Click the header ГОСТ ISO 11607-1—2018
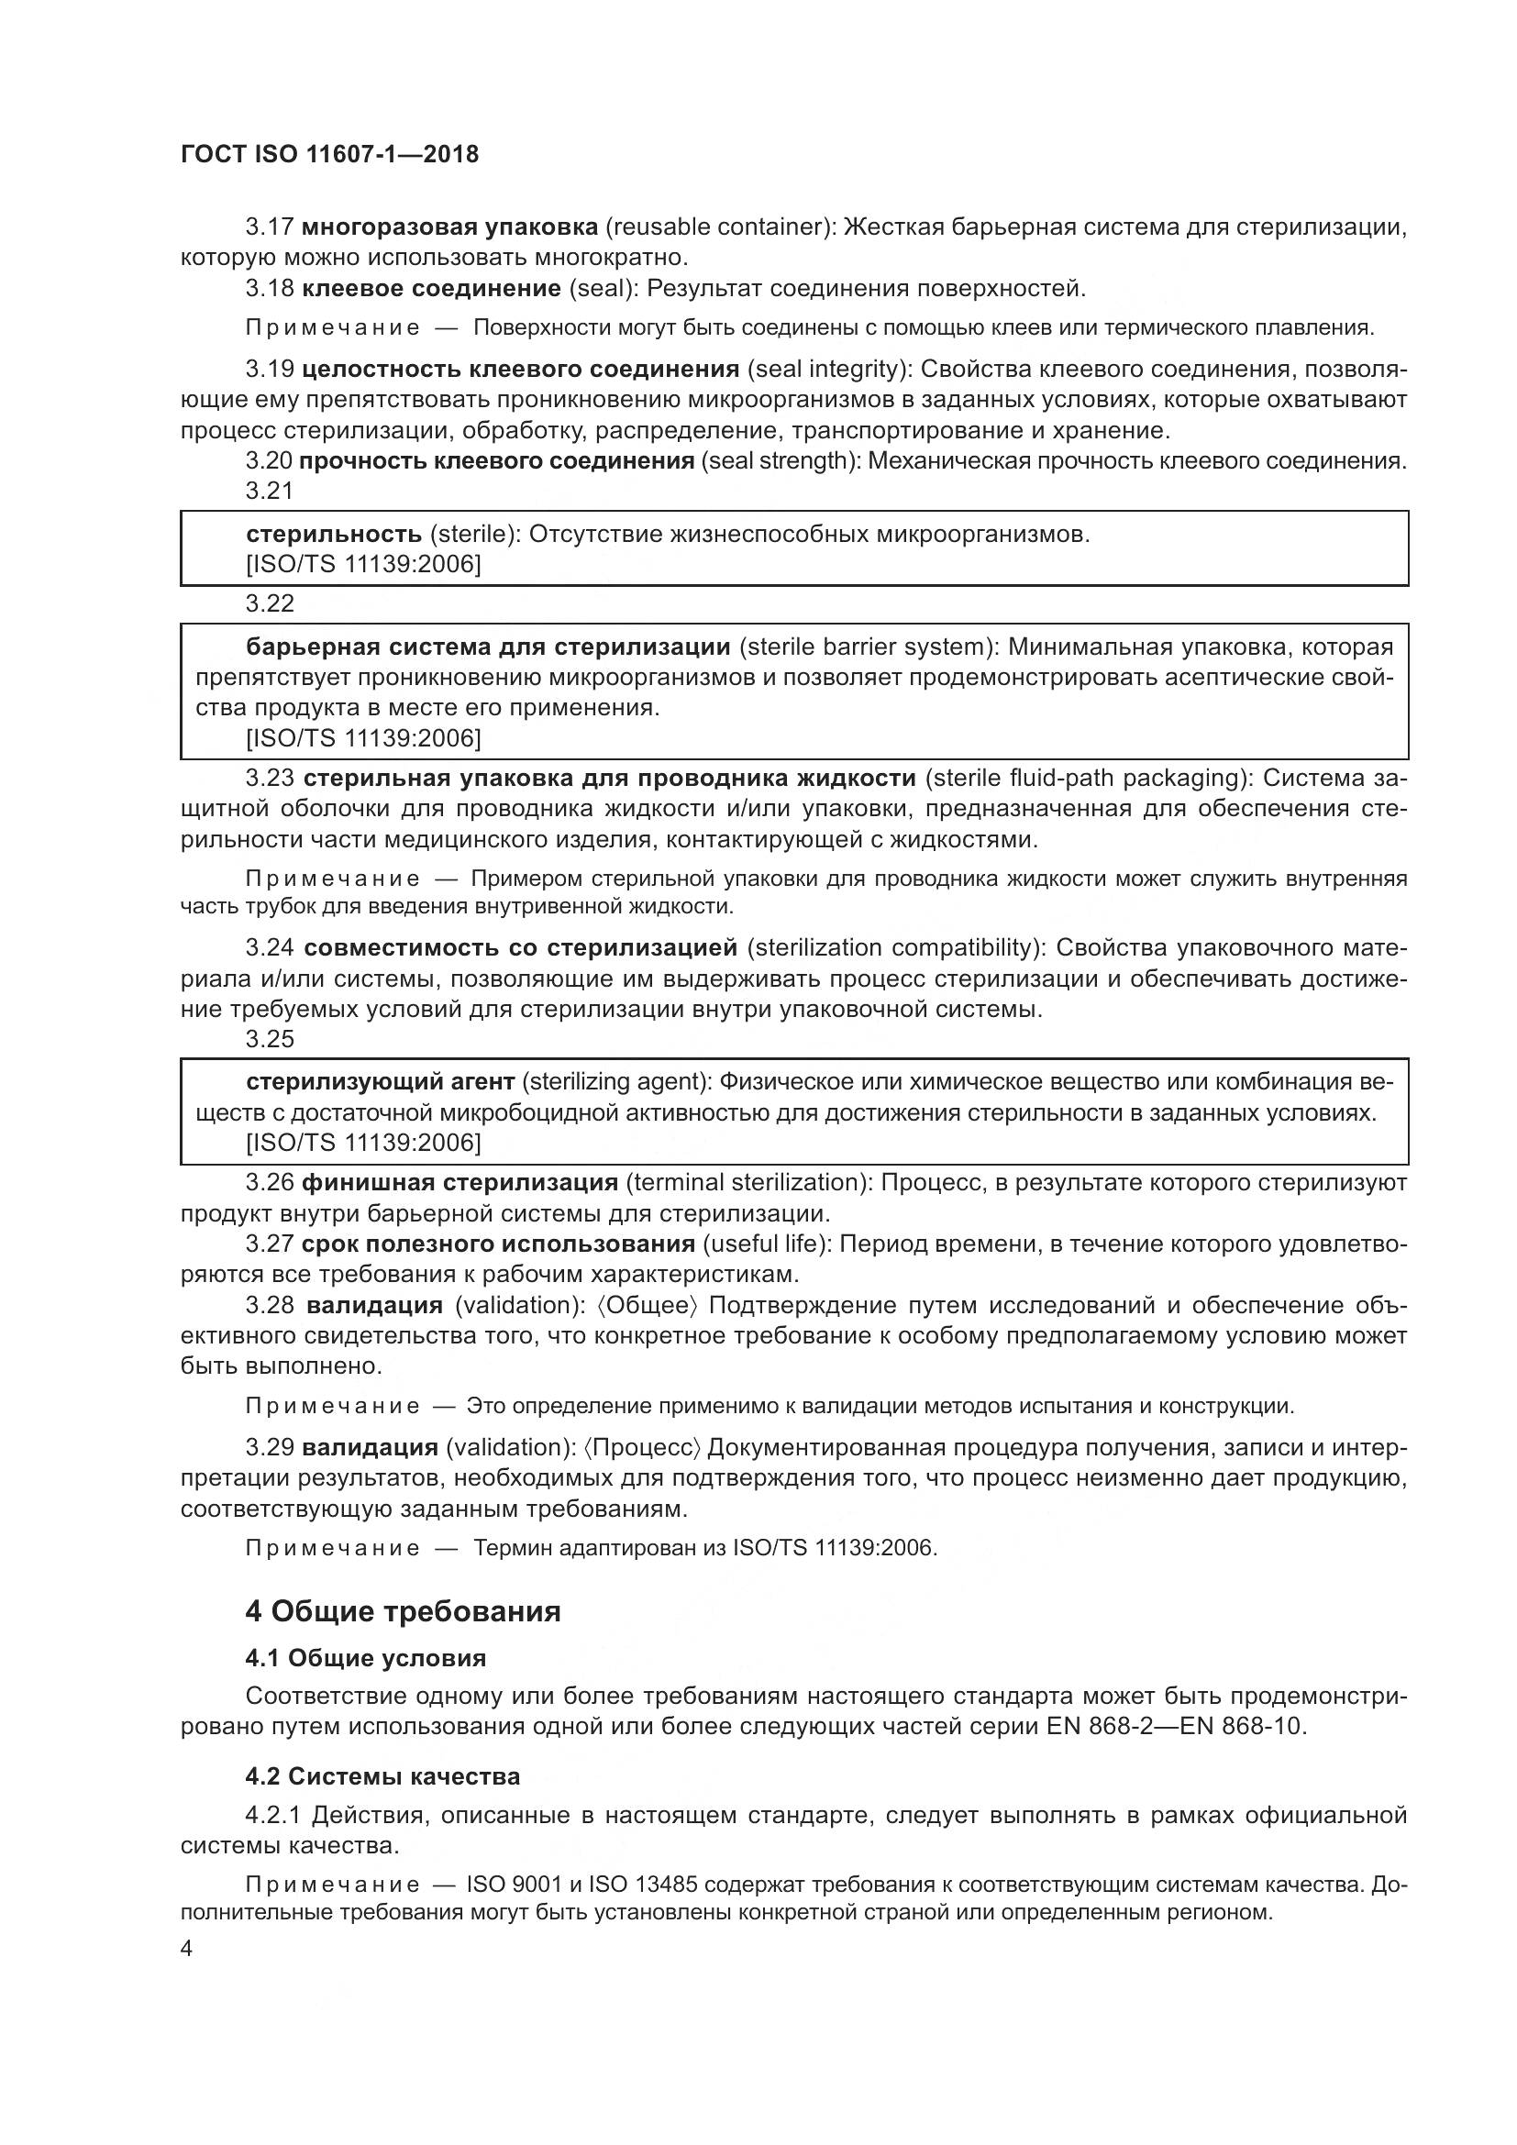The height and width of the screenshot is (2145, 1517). tap(330, 154)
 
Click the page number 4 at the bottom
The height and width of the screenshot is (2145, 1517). tap(186, 1949)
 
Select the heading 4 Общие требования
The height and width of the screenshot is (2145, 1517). tap(403, 1610)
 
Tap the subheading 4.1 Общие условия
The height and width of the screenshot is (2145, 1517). tap(365, 1658)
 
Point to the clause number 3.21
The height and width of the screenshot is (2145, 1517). tap(269, 491)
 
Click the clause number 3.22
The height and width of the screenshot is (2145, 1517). tap(269, 603)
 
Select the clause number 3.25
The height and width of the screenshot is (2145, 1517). tap(269, 1039)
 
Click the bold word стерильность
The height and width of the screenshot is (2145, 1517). tap(334, 535)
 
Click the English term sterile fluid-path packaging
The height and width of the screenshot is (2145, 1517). tap(1085, 779)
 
